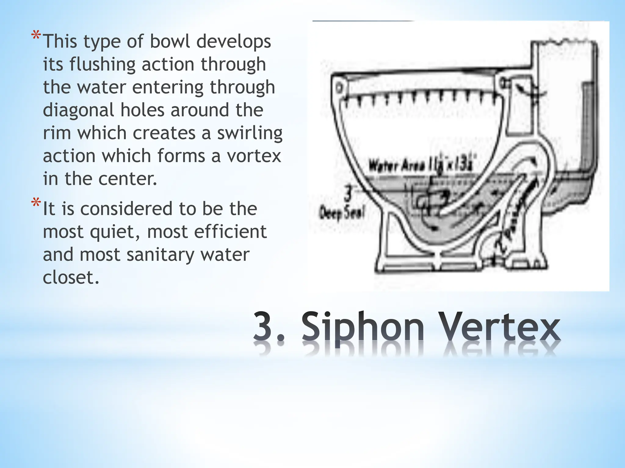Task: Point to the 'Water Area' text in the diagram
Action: click(x=397, y=166)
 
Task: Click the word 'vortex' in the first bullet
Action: click(x=254, y=156)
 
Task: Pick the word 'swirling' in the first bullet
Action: click(x=250, y=133)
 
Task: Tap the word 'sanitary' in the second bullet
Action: click(x=161, y=255)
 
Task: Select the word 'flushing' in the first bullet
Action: click(x=102, y=65)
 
